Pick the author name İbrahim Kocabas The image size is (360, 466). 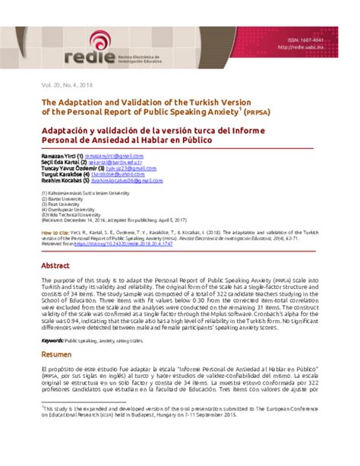click(62, 180)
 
